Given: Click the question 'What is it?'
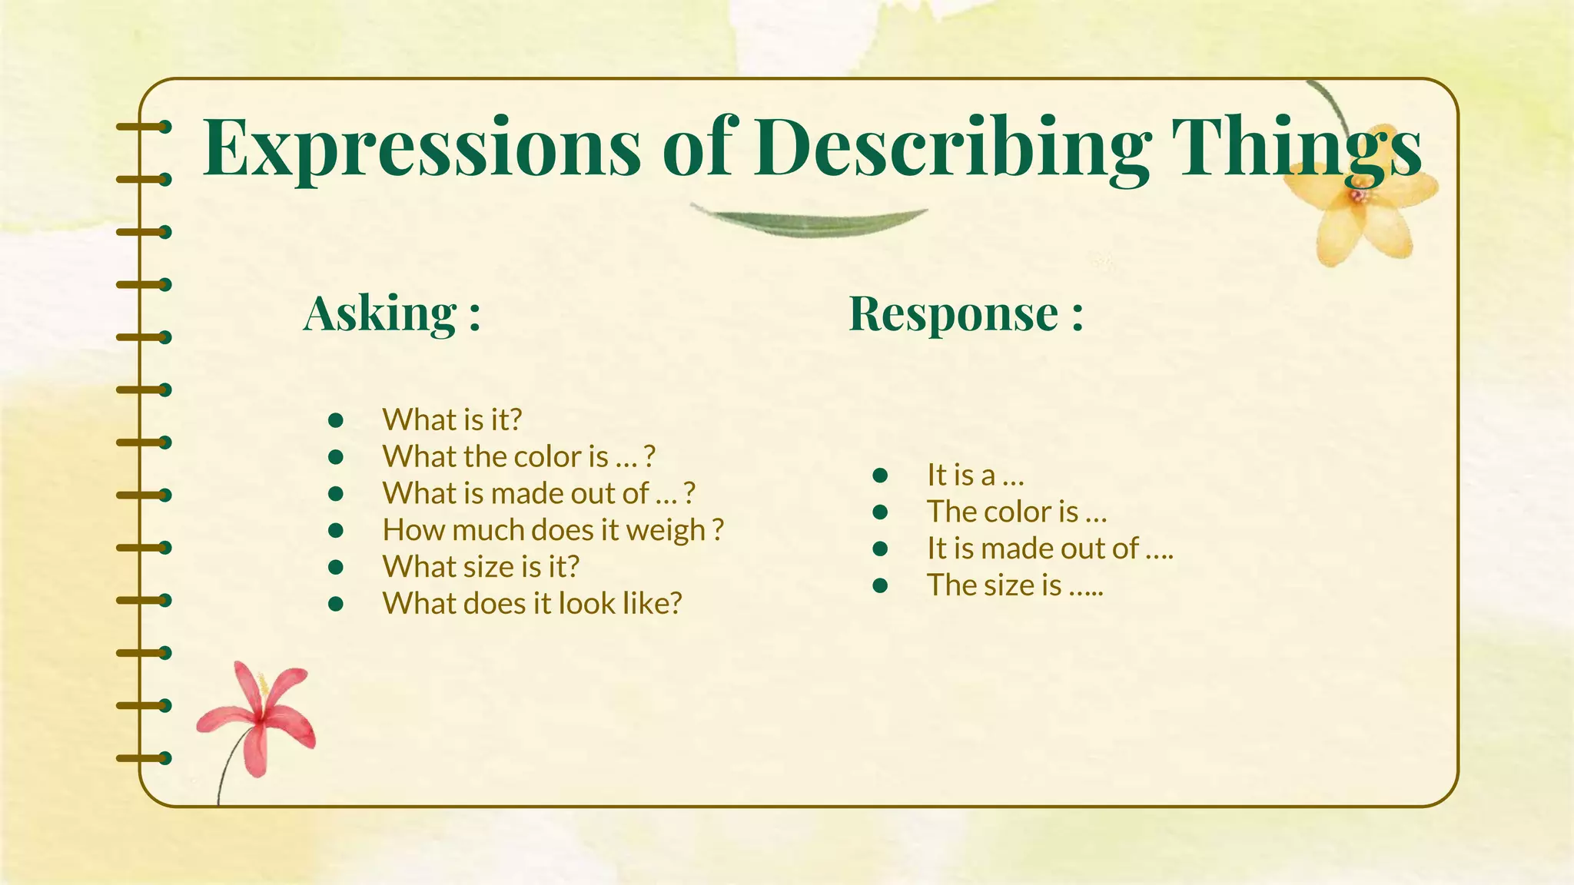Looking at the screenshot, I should click(452, 420).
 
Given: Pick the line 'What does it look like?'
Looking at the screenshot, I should click(532, 604).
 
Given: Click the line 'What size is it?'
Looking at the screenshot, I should click(480, 567).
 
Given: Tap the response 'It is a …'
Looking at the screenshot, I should click(975, 475).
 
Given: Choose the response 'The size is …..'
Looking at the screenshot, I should click(1014, 585).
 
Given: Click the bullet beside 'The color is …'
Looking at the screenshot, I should click(881, 512).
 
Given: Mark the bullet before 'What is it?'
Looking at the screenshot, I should click(335, 420).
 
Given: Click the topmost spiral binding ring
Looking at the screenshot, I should click(144, 127).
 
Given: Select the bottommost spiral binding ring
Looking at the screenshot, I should click(144, 758).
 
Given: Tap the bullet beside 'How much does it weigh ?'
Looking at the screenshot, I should click(335, 530).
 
